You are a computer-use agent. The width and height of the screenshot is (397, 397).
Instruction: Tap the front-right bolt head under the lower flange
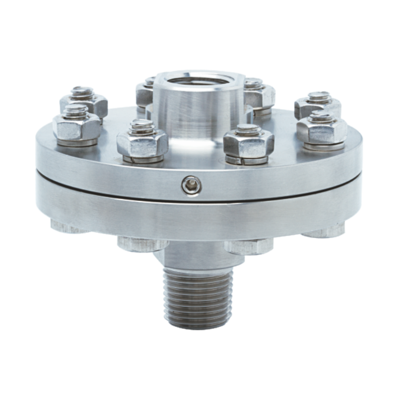(x=248, y=245)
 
